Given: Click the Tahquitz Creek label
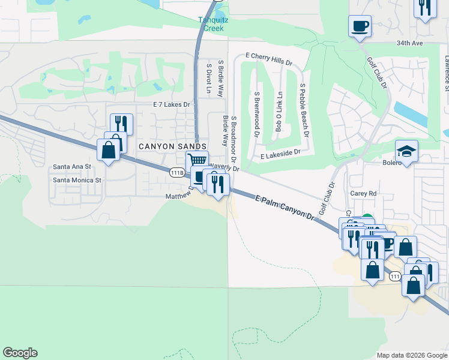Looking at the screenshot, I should click(211, 23).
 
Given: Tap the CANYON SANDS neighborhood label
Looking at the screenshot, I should click(173, 146).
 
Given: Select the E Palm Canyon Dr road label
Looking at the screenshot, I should click(285, 207).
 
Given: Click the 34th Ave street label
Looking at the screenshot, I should click(427, 43).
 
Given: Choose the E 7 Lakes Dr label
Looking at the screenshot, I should click(172, 104).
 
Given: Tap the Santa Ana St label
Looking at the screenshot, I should click(71, 166).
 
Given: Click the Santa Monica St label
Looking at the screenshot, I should click(77, 179).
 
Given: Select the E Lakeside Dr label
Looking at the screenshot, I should click(280, 154).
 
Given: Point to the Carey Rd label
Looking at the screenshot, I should click(364, 194).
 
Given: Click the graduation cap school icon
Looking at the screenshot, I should click(406, 151).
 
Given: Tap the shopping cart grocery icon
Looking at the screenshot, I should click(197, 160).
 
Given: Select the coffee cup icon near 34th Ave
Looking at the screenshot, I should click(360, 26).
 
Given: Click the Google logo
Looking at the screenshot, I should click(20, 353).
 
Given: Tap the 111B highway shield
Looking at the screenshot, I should click(176, 173).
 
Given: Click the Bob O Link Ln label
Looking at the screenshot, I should click(279, 112).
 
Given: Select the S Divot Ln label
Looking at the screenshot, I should click(208, 79).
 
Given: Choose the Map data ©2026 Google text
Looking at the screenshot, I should click(411, 355).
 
